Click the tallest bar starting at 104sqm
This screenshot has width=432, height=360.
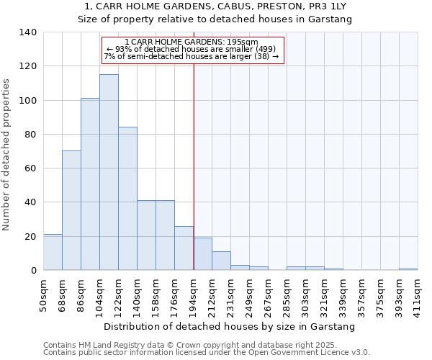pyautogui.click(x=109, y=172)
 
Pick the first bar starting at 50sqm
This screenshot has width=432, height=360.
pyautogui.click(x=53, y=252)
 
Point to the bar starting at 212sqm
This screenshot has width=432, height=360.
pyautogui.click(x=221, y=261)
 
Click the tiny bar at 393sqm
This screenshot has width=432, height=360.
pyautogui.click(x=408, y=269)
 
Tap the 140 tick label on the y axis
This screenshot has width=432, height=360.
pyautogui.click(x=28, y=32)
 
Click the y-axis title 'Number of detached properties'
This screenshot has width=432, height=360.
pyautogui.click(x=6, y=155)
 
